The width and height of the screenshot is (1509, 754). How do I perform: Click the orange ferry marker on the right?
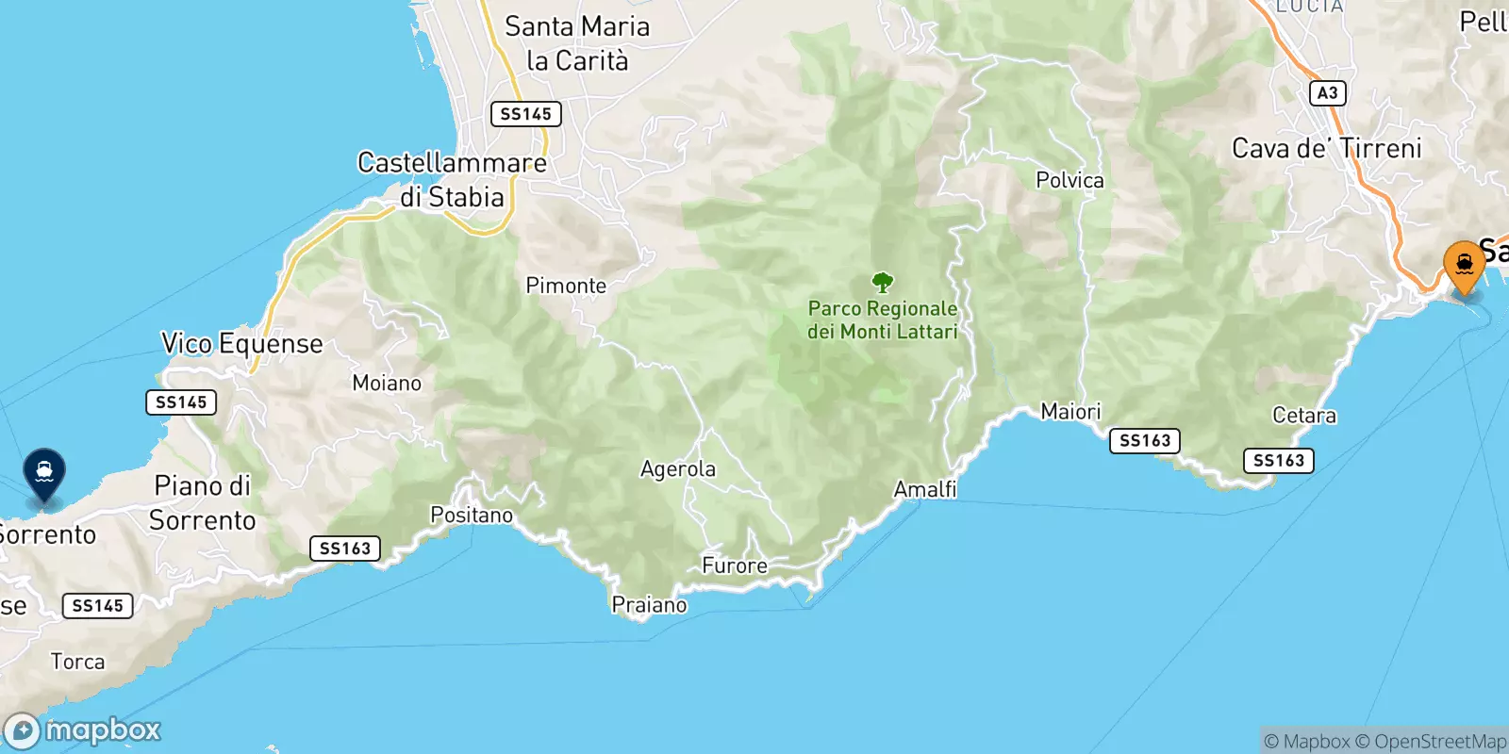(1464, 266)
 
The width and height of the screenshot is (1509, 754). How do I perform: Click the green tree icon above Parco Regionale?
(883, 282)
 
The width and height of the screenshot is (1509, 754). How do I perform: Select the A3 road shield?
(1327, 92)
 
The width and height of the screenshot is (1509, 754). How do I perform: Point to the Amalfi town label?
(925, 489)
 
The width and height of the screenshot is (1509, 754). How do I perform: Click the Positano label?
(472, 515)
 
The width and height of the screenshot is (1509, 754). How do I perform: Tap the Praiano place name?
(650, 605)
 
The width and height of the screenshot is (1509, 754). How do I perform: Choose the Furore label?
(735, 565)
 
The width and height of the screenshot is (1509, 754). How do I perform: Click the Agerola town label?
(678, 469)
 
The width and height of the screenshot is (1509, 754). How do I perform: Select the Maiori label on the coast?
(1070, 412)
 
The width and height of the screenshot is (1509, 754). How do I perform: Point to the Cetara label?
(1304, 416)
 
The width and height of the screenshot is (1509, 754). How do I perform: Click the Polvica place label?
(1070, 180)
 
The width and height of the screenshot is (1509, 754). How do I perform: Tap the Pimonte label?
(566, 286)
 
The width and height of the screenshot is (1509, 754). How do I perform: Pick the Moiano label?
(387, 383)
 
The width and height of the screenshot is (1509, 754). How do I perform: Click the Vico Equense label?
(242, 344)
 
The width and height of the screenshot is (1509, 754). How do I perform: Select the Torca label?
(77, 662)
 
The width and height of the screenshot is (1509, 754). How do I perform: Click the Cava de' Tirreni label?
(1327, 149)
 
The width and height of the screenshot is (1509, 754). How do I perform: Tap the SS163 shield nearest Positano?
(345, 549)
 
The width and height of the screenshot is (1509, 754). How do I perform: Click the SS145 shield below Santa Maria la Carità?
(525, 114)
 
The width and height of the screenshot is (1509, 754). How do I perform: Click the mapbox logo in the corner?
(83, 730)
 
